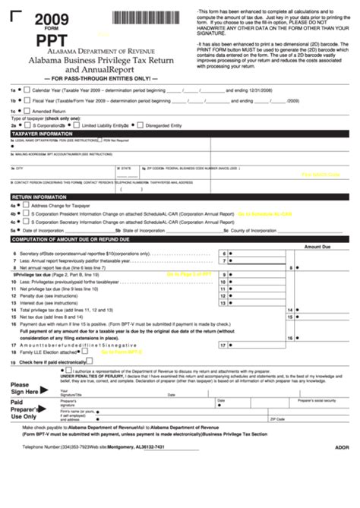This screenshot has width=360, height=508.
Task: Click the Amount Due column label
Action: pos(318,247)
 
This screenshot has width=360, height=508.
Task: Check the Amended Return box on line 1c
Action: pos(28,111)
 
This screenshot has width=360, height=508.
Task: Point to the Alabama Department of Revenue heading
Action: pos(100,54)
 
